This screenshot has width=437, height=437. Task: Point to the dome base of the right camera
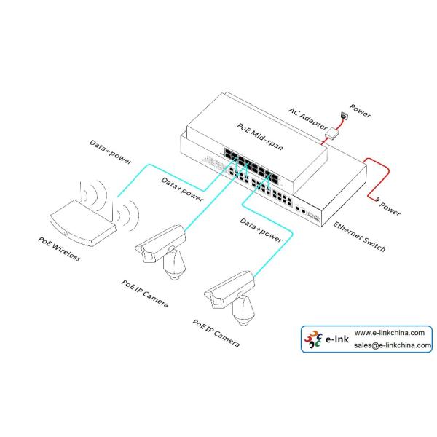[242, 312]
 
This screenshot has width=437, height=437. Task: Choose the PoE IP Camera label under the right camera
[216, 334]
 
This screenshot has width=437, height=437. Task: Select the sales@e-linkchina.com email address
[393, 346]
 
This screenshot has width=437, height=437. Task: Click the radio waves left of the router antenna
[86, 195]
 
